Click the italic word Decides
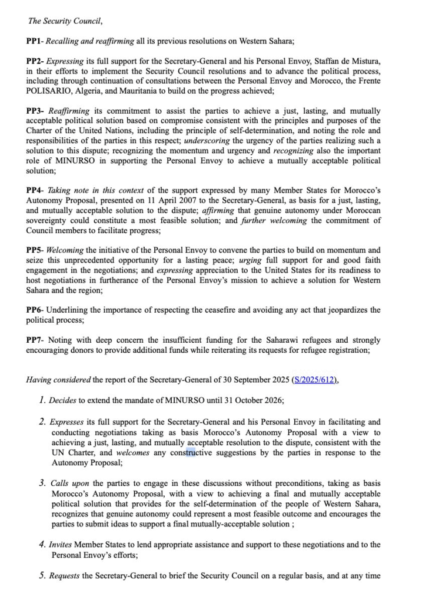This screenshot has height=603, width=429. click(x=62, y=400)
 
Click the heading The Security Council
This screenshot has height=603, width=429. click(x=65, y=21)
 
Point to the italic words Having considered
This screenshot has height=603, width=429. click(x=59, y=380)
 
